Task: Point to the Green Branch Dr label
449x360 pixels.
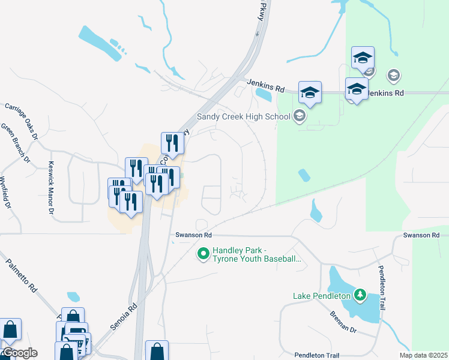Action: point(15,143)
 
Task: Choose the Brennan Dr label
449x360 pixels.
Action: point(343,322)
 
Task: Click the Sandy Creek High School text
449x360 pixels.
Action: point(244,116)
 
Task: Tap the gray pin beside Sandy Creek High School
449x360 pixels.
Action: point(300,116)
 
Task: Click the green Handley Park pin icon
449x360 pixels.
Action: point(203,254)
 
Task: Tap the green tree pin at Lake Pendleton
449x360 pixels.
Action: point(360,295)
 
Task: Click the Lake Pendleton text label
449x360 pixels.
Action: point(321,295)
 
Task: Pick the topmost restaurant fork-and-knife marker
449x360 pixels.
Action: point(171,143)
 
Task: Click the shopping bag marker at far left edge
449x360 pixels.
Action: point(10,329)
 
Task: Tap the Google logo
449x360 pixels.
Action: point(19,353)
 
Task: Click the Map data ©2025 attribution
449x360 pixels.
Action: point(423,355)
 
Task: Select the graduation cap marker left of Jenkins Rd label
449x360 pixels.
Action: point(310,92)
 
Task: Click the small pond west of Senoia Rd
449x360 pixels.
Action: point(74,296)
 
